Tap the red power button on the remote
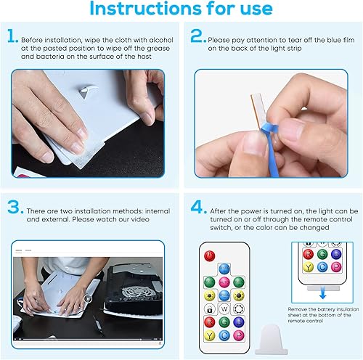pyautogui.click(x=210, y=255)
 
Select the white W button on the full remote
pyautogui.click(x=224, y=322)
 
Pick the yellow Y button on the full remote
pyautogui.click(x=209, y=335)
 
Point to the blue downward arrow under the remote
pyautogui.click(x=320, y=290)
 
